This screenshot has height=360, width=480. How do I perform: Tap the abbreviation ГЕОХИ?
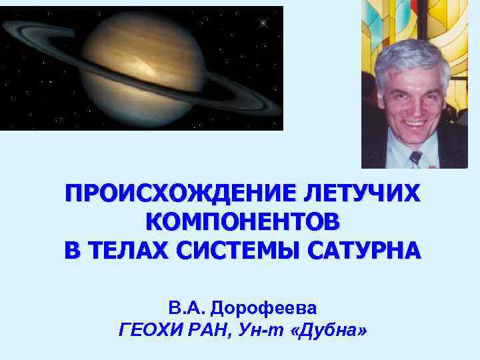146,329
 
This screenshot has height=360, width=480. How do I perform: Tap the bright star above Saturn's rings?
263,23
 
